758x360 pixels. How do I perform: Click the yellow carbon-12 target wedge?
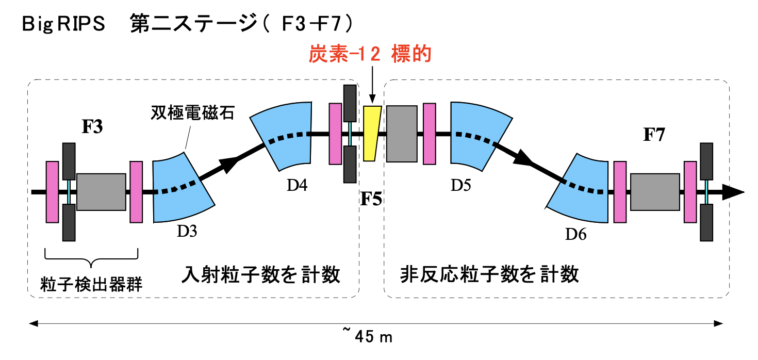coord(371,133)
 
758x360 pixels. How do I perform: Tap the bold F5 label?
coord(371,199)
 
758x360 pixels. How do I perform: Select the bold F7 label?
coord(653,135)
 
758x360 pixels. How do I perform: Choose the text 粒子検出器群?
coord(91,284)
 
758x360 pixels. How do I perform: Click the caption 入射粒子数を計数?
coord(261,275)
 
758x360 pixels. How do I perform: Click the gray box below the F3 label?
coord(101,192)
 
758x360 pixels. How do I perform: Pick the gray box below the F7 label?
coord(654,192)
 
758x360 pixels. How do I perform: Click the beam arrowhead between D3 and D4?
coord(230,163)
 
